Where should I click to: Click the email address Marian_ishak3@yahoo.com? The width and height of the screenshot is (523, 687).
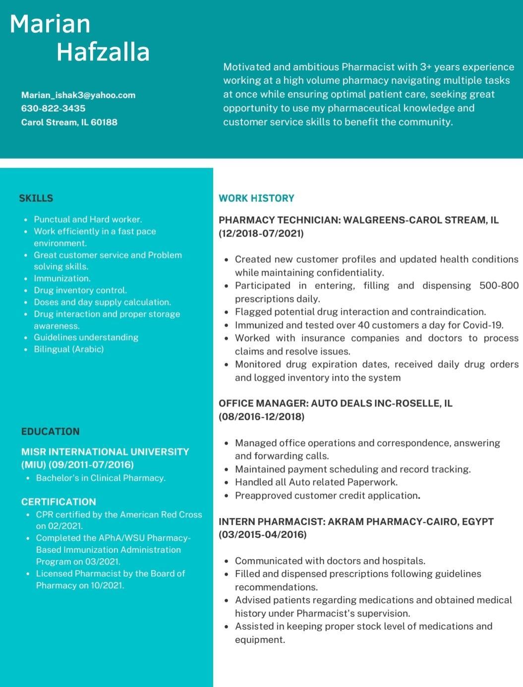tap(78, 95)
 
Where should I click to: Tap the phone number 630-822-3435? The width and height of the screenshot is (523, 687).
tap(53, 109)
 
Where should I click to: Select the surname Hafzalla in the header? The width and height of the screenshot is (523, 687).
tap(103, 52)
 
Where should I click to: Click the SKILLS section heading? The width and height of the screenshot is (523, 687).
tap(36, 198)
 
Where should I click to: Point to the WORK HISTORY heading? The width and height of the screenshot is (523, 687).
tap(256, 198)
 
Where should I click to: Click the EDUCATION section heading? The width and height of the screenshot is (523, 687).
tap(50, 431)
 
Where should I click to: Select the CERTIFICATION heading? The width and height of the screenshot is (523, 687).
tap(58, 502)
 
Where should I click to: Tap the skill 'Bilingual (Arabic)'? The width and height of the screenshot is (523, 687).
tap(68, 349)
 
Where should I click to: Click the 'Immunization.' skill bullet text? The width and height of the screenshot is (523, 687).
tap(62, 279)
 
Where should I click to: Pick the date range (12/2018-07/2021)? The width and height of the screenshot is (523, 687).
tap(261, 233)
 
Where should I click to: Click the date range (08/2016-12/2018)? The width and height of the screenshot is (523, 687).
tap(261, 417)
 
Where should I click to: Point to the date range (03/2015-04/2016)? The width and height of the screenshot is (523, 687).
tap(263, 535)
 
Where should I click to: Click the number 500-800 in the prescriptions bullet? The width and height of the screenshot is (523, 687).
tap(499, 286)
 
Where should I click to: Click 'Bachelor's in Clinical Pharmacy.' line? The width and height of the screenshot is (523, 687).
tap(101, 478)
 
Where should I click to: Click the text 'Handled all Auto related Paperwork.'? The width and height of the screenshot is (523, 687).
tap(316, 482)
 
